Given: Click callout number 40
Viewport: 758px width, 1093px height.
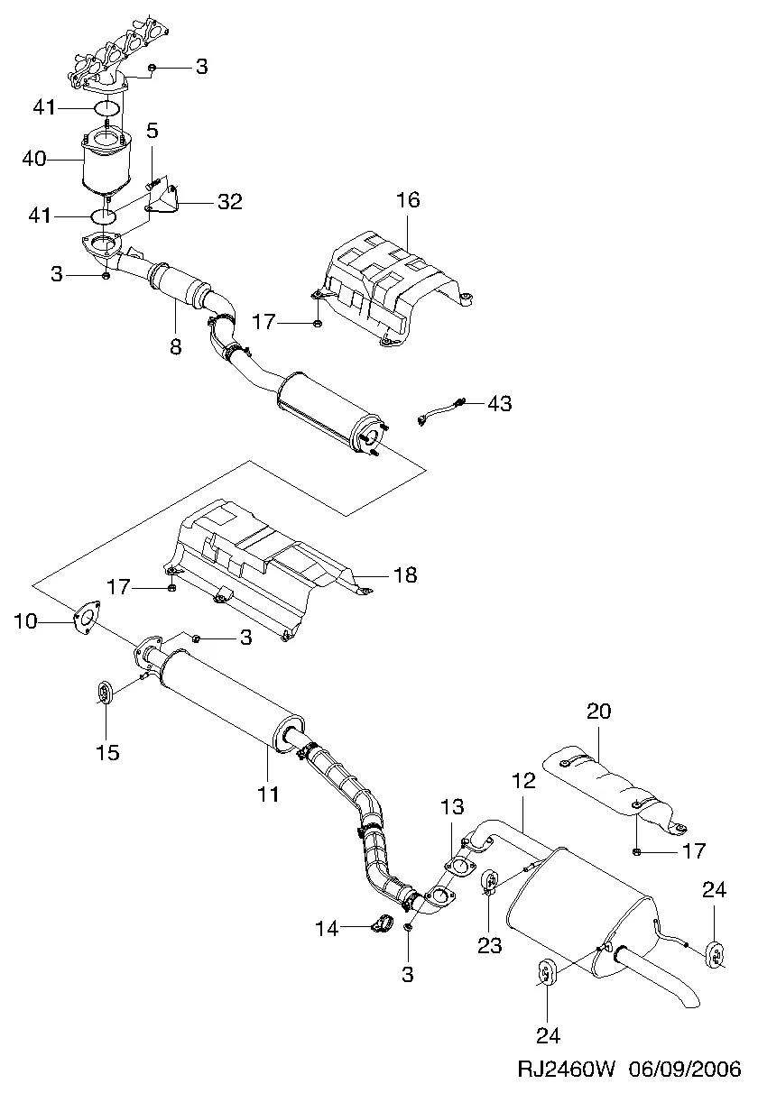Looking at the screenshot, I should click(33, 160).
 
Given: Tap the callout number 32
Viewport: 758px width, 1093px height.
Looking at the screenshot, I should click(229, 202).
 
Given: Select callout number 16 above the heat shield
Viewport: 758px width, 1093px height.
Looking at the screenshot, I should click(408, 199).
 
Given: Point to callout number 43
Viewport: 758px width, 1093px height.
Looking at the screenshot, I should click(500, 403).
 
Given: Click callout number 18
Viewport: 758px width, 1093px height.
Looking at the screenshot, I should click(405, 574).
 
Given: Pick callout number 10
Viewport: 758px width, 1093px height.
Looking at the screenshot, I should click(26, 620).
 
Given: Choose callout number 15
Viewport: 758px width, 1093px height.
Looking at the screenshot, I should click(107, 752).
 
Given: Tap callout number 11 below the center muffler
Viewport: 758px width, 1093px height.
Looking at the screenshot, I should click(268, 794).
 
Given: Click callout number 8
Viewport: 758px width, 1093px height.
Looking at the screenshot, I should click(175, 345).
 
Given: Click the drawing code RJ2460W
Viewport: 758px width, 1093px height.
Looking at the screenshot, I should click(566, 1070).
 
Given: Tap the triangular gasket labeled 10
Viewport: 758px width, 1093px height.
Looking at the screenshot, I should click(84, 619).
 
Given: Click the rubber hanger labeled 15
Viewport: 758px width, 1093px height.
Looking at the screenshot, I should click(106, 693).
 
